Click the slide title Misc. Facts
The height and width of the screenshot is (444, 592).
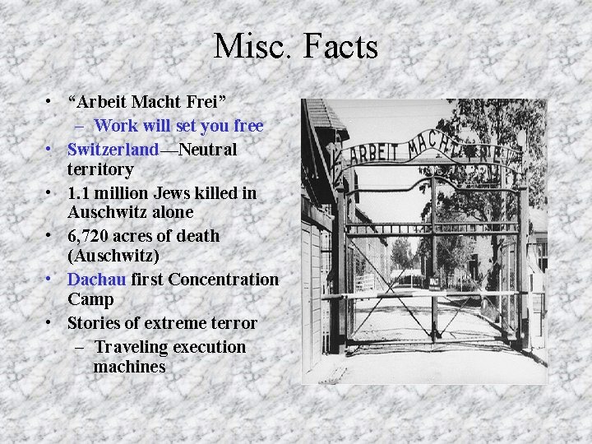coord(296,46)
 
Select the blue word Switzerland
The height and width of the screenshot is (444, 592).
coord(113,150)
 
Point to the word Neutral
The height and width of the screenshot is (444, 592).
coord(207,150)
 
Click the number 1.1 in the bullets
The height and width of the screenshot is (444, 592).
coord(79,193)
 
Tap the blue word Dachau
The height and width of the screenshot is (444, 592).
coord(96,280)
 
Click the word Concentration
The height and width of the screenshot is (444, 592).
coord(223,280)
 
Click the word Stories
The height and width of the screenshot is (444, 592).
coord(96,323)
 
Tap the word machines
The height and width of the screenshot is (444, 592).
coord(129,367)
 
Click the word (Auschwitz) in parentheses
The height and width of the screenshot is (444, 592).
coord(113,256)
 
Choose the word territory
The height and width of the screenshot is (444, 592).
coord(100,170)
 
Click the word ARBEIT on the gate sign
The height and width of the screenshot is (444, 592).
coord(374,150)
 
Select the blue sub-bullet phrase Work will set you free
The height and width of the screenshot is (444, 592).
coord(178,126)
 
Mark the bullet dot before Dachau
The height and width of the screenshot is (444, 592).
coord(51,279)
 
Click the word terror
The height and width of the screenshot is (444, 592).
coord(233,323)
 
